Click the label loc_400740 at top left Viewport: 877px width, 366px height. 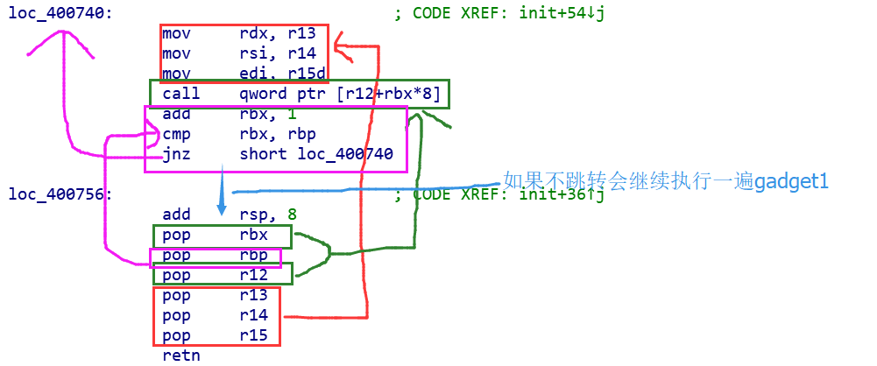tap(60, 14)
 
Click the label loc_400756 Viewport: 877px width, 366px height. tap(60, 194)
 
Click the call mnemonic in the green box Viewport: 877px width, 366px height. tap(180, 94)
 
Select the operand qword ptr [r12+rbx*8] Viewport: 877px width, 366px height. tap(340, 94)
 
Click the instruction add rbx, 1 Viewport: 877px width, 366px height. tap(228, 115)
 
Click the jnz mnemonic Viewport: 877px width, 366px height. tap(176, 155)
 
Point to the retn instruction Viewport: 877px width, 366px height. tap(180, 355)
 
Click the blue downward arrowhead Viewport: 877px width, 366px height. tap(222, 209)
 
